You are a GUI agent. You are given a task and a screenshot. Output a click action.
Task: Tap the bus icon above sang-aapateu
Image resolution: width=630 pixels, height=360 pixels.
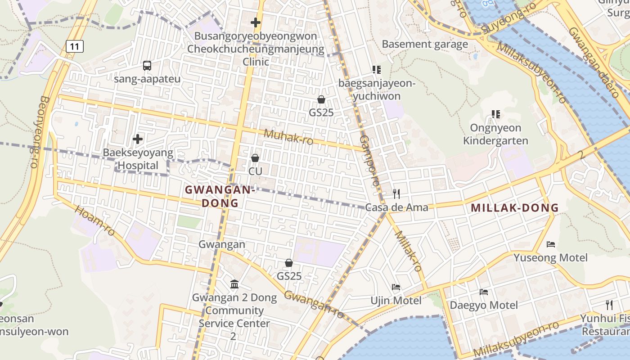tap(147, 66)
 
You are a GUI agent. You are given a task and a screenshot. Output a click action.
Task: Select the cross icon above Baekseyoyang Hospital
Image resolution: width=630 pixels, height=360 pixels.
tap(138, 139)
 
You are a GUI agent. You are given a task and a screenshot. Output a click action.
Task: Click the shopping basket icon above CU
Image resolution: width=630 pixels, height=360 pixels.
tap(255, 158)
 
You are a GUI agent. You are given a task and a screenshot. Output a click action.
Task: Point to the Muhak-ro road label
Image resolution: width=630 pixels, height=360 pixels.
tap(288, 137)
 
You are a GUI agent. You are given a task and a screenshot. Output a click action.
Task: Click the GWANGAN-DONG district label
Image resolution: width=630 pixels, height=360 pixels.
tap(220, 196)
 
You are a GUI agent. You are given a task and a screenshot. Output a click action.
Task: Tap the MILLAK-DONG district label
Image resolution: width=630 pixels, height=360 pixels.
tap(514, 208)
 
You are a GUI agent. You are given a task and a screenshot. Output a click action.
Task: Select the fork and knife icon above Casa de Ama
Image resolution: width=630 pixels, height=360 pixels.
tap(396, 194)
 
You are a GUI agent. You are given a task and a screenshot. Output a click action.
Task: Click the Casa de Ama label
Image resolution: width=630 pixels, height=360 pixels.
tap(396, 207)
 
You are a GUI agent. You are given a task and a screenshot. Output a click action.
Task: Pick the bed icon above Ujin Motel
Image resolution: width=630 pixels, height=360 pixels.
tap(396, 287)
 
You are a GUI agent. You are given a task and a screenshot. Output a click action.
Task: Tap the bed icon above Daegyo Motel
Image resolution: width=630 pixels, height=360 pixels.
tap(484, 292)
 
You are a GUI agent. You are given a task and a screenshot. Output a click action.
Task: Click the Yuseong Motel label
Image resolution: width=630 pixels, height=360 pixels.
tap(550, 258)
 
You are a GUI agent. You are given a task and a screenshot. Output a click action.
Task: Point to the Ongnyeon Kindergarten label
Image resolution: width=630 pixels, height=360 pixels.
tap(495, 134)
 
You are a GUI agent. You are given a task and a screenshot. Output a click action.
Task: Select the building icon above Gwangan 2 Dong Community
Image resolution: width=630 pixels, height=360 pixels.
tap(234, 284)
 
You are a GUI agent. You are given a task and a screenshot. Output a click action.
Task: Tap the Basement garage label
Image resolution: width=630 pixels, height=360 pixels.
tap(425, 44)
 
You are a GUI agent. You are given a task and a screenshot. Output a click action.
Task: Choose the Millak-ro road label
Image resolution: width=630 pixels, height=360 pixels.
tap(409, 251)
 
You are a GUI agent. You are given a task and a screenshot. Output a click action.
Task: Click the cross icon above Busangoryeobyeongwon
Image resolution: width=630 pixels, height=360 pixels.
tap(256, 22)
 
